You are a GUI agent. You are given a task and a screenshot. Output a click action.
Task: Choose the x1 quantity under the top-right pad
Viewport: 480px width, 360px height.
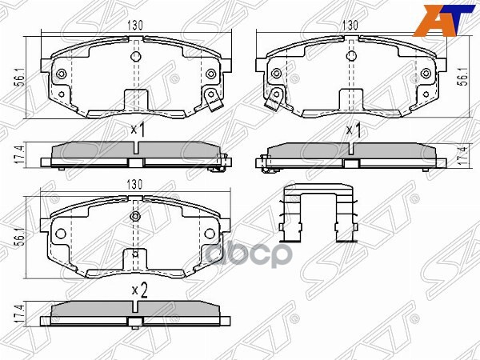click(353, 128)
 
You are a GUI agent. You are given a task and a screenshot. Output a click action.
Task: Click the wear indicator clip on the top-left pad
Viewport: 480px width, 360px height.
click(212, 100)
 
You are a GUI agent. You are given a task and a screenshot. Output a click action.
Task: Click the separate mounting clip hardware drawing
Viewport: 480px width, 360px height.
click(321, 214)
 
